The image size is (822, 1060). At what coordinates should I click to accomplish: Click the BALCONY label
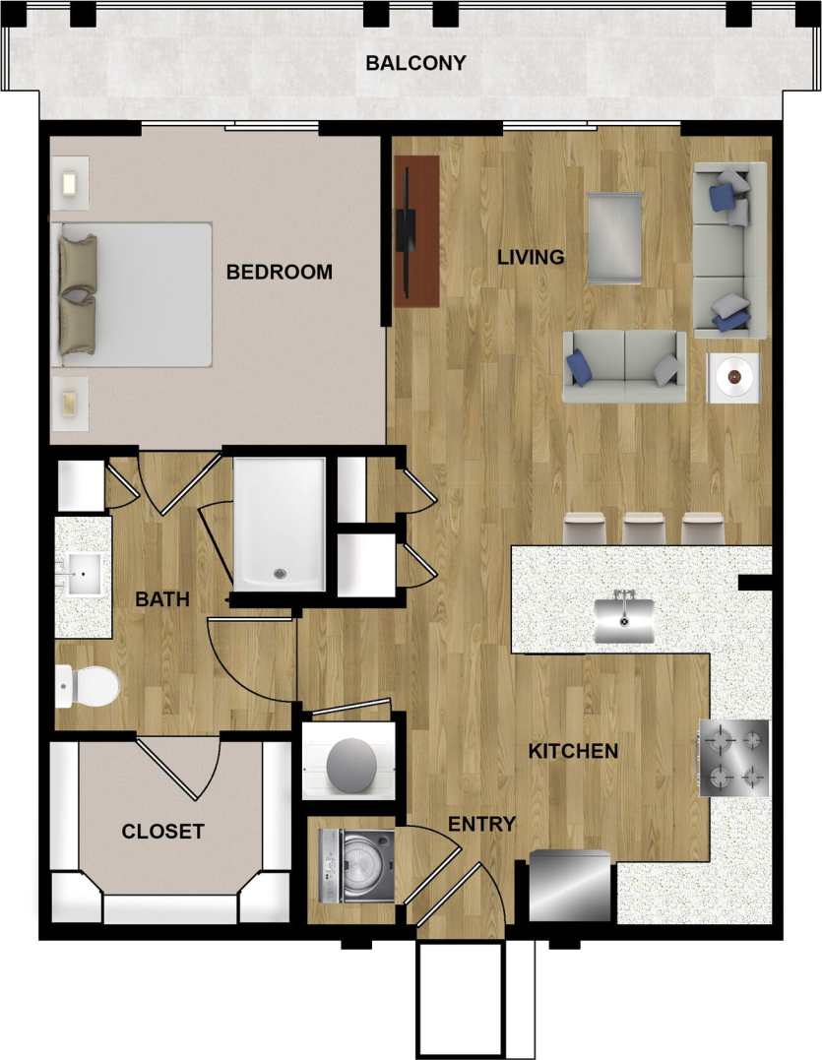click(x=415, y=64)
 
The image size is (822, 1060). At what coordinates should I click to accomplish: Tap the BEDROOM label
click(x=280, y=272)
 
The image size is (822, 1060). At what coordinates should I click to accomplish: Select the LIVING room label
click(x=531, y=258)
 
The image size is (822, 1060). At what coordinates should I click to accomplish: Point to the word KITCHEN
click(x=573, y=752)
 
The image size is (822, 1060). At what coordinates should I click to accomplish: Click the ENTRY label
click(x=481, y=825)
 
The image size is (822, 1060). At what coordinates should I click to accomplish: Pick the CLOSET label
click(x=162, y=832)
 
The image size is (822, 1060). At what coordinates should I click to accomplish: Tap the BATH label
click(x=162, y=599)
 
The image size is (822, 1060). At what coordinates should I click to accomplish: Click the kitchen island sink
click(x=624, y=619)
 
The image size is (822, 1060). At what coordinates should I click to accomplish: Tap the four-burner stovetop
click(x=733, y=757)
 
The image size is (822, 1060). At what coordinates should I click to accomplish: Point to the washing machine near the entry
click(x=356, y=866)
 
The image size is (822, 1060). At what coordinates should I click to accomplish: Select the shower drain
click(x=280, y=573)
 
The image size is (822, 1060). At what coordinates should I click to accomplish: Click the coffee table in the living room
click(x=615, y=237)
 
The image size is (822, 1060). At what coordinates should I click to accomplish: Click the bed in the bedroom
click(x=136, y=294)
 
